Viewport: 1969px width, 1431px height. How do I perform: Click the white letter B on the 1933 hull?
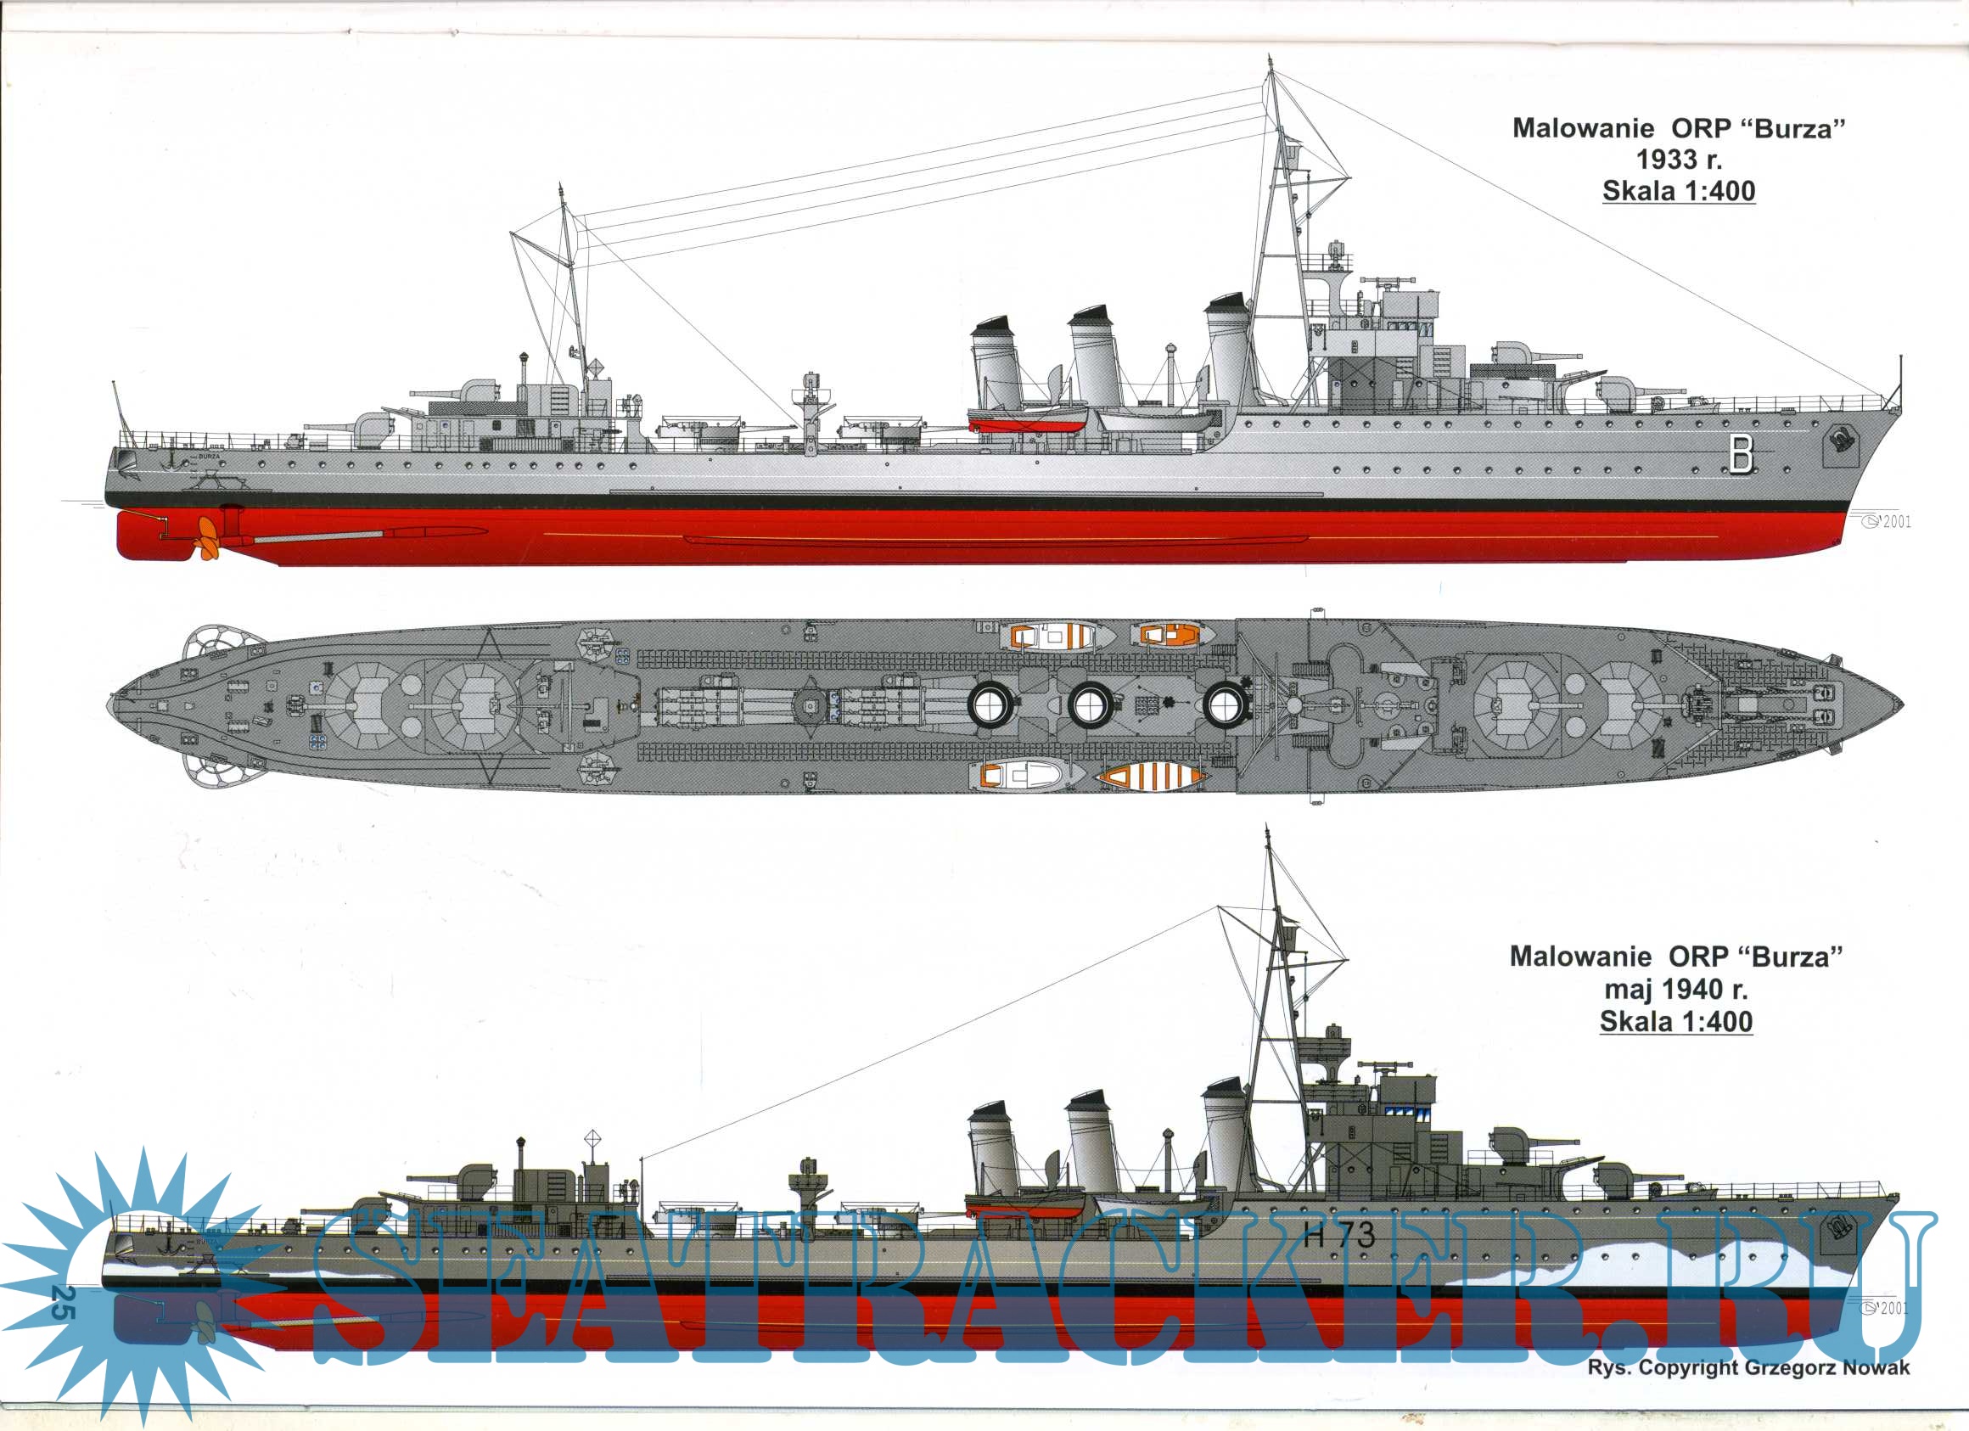[1741, 453]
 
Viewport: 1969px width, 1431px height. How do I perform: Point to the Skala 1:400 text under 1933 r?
[1678, 191]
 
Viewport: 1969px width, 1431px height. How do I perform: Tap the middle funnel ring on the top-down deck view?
[1090, 704]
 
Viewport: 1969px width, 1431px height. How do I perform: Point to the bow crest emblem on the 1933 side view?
[1839, 442]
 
